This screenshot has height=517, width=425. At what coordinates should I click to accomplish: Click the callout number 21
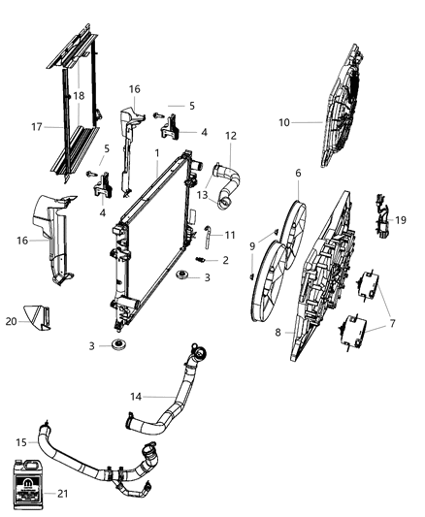90,467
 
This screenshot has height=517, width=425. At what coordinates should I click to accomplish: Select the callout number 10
284,122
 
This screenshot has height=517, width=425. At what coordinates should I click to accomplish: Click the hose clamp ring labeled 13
226,202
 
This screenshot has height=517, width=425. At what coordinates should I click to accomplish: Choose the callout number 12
230,136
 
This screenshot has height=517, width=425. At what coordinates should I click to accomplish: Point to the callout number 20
12,317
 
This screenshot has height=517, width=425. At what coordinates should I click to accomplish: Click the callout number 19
401,220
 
